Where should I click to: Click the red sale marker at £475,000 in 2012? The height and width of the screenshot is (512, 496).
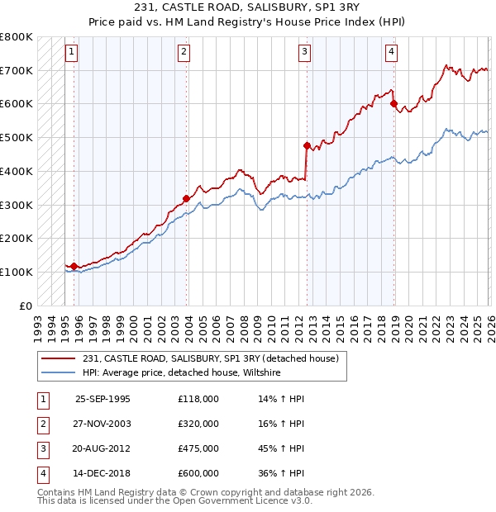(x=307, y=146)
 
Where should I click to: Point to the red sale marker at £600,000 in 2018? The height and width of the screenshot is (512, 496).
(x=393, y=104)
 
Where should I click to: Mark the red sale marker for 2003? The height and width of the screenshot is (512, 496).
(x=187, y=198)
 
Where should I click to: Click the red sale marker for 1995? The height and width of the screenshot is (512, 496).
(x=74, y=266)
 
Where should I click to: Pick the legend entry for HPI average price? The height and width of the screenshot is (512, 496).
(x=181, y=373)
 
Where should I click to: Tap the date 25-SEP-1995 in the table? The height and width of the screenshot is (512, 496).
(x=103, y=398)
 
